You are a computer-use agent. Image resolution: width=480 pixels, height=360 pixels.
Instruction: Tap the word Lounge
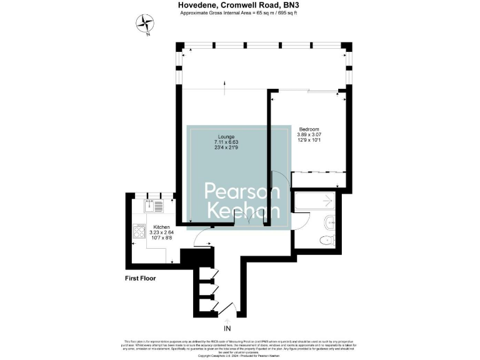[226, 136]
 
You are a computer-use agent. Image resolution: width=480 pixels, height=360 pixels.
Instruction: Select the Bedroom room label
[307, 128]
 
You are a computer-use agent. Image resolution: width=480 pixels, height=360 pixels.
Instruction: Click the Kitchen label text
[162, 227]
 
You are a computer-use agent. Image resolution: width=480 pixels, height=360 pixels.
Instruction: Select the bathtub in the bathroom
[313, 202]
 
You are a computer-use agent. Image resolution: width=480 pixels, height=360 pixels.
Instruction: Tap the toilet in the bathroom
[326, 240]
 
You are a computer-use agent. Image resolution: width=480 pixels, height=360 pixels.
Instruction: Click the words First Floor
[140, 277]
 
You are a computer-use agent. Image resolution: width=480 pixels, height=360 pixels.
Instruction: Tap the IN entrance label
[226, 327]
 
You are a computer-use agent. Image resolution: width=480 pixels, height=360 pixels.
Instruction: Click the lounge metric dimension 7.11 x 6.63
[226, 142]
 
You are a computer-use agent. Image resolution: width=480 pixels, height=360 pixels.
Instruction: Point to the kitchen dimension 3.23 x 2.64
[162, 232]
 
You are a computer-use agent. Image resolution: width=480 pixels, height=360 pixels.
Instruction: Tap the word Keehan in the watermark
[238, 211]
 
